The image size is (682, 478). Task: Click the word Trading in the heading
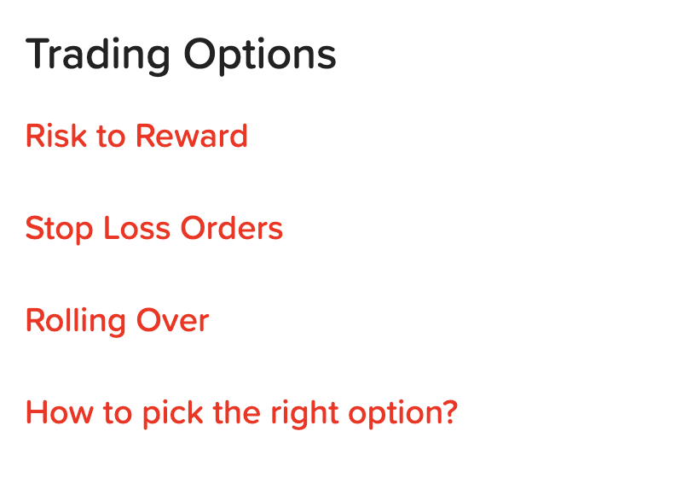[97, 55]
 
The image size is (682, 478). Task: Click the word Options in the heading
[260, 55]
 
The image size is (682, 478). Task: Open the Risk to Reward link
[136, 136]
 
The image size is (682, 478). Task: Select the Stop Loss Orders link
[154, 229]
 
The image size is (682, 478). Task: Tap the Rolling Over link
[118, 321]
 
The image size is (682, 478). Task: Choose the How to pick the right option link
[242, 412]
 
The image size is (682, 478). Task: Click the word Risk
[55, 136]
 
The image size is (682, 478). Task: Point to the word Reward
[191, 136]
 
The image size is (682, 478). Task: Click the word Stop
[59, 229]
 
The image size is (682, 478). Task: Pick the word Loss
[136, 228]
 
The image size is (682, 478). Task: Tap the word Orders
[231, 228]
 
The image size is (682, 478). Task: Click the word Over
[173, 321]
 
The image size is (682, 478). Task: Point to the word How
[59, 412]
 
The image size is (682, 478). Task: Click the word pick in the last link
[173, 413]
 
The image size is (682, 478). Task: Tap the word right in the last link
[304, 413]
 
